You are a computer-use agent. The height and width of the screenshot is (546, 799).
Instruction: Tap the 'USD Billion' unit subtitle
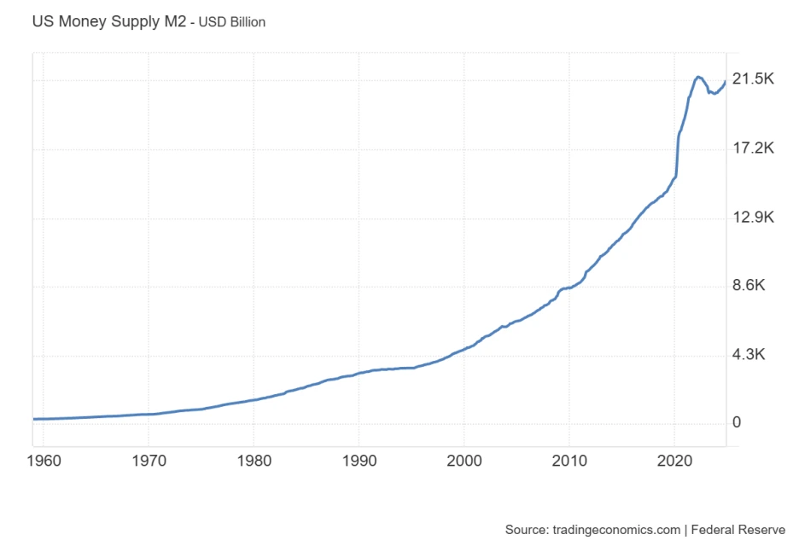232,22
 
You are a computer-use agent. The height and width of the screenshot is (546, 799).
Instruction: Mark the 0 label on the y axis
737,423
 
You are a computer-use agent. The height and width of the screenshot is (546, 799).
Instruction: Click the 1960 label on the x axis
44,462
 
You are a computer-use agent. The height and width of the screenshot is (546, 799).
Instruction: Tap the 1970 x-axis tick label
149,462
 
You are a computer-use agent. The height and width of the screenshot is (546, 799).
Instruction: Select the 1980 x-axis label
254,462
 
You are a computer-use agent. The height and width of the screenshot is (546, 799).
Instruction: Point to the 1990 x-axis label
359,462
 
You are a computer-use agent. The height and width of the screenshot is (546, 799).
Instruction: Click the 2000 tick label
464,462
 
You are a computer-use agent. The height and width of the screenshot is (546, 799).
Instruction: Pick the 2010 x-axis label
569,462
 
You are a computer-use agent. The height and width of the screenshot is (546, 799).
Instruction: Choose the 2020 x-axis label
674,462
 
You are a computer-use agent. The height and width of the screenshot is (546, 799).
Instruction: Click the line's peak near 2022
698,77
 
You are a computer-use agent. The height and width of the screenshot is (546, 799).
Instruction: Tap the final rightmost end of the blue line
726,82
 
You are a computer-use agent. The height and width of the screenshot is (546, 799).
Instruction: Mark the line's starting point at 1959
33,419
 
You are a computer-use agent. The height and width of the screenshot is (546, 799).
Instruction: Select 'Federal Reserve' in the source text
738,530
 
